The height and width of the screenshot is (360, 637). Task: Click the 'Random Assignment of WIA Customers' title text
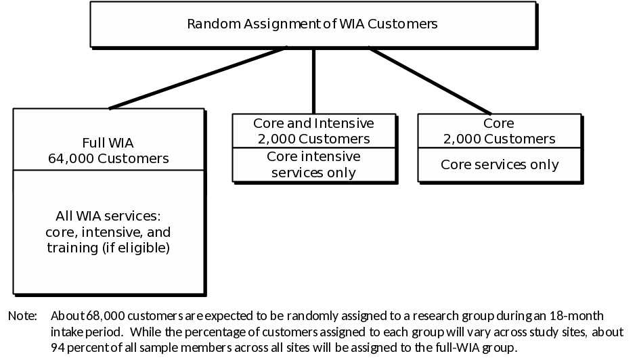(x=312, y=24)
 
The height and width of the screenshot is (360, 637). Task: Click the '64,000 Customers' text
(x=108, y=159)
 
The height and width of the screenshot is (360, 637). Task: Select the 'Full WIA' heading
(x=108, y=143)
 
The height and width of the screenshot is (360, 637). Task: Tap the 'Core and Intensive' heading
(x=313, y=124)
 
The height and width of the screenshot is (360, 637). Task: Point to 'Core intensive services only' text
(x=313, y=164)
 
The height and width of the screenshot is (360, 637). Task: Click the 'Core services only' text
(x=500, y=164)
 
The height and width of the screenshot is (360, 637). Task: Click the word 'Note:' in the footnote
(x=22, y=316)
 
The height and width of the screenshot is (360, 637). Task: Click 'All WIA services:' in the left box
(x=108, y=217)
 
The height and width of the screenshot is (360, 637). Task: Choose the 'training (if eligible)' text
(x=108, y=248)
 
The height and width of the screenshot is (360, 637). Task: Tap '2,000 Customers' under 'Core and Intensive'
(x=313, y=139)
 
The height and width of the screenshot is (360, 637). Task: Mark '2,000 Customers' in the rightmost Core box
(x=500, y=139)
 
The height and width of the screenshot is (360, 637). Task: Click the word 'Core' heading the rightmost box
(x=499, y=124)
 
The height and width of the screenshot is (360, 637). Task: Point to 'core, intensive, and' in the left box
(x=108, y=233)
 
